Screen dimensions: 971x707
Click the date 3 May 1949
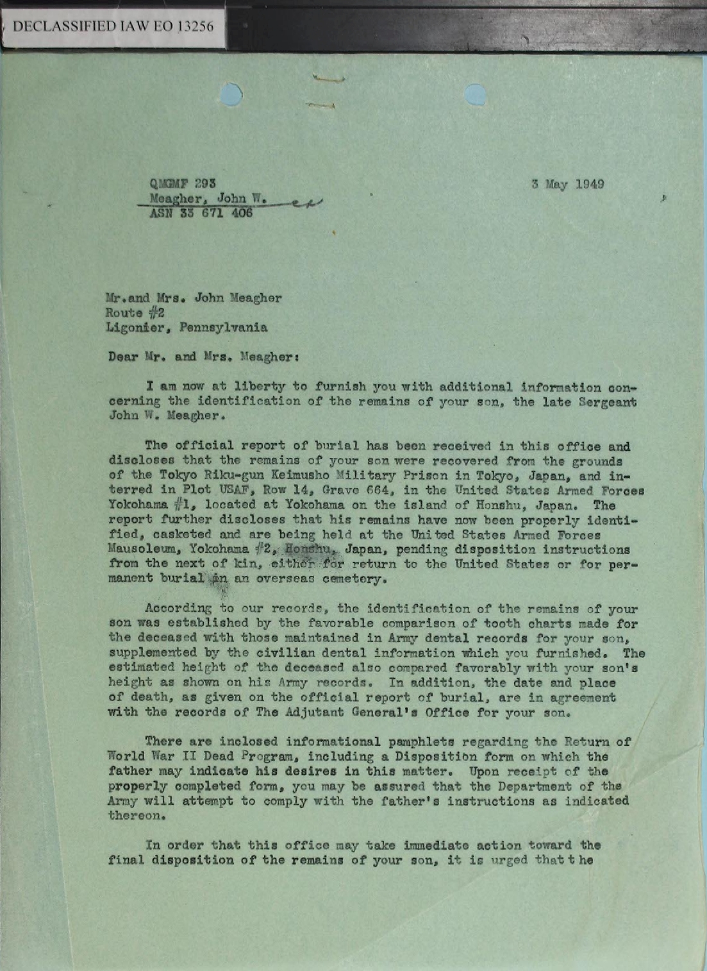567,185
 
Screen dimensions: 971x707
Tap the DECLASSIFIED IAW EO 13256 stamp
113,26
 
